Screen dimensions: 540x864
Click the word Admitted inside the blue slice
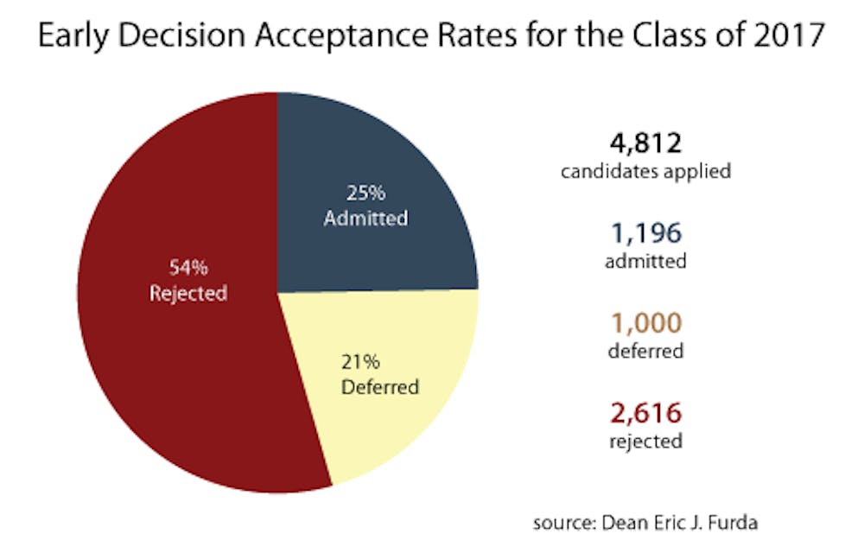click(x=365, y=218)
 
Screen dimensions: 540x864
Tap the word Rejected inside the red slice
click(x=188, y=293)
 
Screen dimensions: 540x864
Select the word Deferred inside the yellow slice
click(x=380, y=386)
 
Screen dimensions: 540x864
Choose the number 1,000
click(x=646, y=324)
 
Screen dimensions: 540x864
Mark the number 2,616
click(x=646, y=414)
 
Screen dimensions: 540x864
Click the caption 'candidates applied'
click(x=646, y=171)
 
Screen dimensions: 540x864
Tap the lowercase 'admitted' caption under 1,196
click(x=646, y=261)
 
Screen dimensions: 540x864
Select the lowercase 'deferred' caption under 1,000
click(x=646, y=352)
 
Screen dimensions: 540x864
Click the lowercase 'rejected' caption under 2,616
click(x=646, y=442)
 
